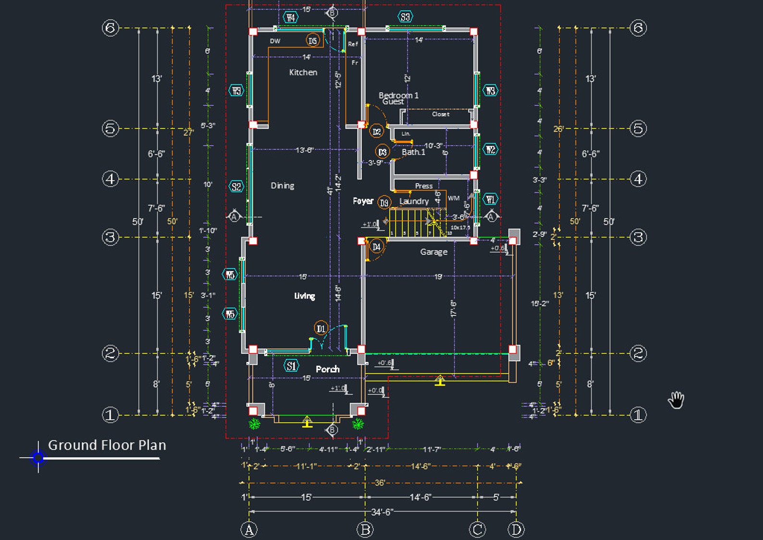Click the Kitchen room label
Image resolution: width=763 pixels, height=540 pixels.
[x=303, y=72]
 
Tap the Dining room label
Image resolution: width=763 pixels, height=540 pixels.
[x=283, y=186]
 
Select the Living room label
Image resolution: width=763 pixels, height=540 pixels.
[x=305, y=296]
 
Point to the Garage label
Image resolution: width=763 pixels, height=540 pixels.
[x=433, y=251]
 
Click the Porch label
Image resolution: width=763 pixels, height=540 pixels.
[x=328, y=369]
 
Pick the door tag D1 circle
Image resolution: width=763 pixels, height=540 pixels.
[x=321, y=328]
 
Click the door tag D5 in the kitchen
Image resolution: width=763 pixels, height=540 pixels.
[x=313, y=40]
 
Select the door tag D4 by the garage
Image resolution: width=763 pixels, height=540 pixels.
[x=377, y=247]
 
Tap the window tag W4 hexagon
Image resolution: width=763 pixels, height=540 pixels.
[x=291, y=18]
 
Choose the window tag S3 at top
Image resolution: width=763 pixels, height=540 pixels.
[x=406, y=17]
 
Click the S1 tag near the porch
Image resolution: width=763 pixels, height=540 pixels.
[x=291, y=366]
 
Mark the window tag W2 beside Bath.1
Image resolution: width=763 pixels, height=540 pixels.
[x=490, y=150]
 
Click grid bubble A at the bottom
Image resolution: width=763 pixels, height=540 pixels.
[x=249, y=530]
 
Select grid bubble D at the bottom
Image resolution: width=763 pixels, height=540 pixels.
[x=516, y=530]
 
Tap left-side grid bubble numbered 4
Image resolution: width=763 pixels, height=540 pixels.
[x=111, y=179]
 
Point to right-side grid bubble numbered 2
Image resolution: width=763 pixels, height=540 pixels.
[x=638, y=353]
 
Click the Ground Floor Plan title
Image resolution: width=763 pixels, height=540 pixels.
[x=107, y=445]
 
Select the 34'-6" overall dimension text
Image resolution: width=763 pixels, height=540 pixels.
[x=382, y=512]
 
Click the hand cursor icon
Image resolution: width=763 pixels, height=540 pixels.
[x=676, y=400]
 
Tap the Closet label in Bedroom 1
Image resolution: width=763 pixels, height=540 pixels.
[x=441, y=114]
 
